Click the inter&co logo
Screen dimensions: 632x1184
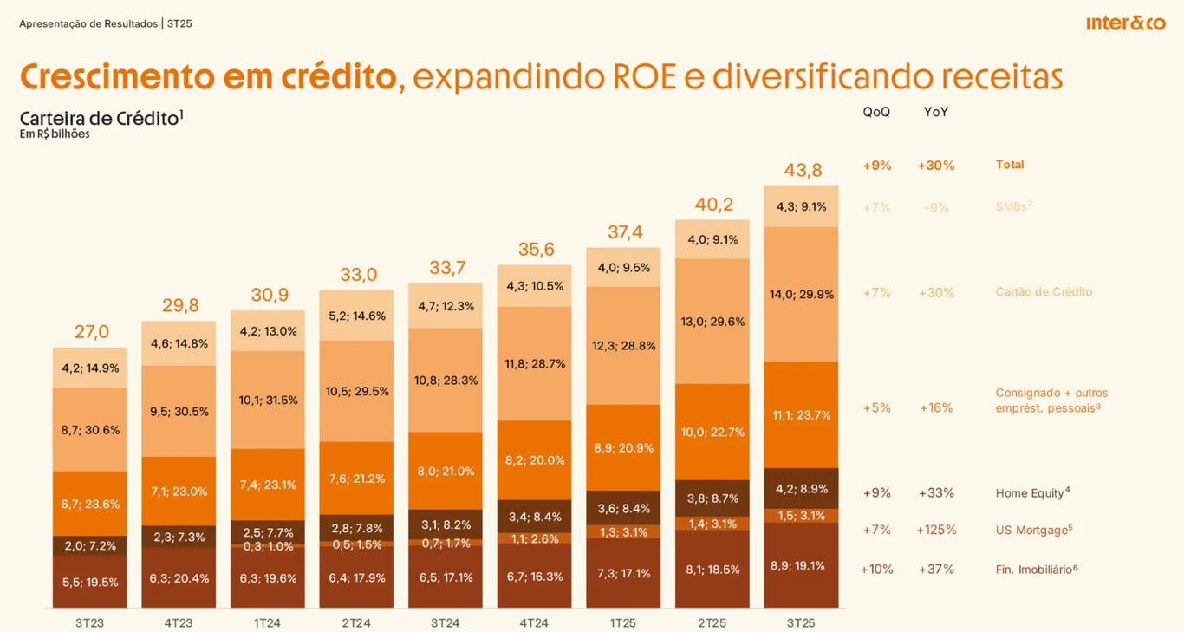pyautogui.click(x=1125, y=23)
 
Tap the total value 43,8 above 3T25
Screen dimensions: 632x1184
pyautogui.click(x=803, y=170)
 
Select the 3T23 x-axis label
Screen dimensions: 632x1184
pyautogui.click(x=89, y=622)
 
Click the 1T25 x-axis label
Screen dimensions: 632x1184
pyautogui.click(x=622, y=622)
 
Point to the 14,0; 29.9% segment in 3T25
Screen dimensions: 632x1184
pyautogui.click(x=802, y=294)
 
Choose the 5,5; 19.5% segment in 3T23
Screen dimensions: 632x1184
pyautogui.click(x=90, y=582)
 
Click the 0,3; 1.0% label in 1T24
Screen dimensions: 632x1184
pyautogui.click(x=268, y=545)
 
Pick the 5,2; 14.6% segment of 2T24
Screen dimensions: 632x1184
pyautogui.click(x=356, y=316)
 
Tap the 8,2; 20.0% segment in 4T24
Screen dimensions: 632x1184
pyautogui.click(x=535, y=460)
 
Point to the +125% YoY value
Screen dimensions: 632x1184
pyautogui.click(x=936, y=530)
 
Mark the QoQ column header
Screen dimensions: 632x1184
pyautogui.click(x=876, y=112)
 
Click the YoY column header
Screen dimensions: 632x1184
pyautogui.click(x=936, y=112)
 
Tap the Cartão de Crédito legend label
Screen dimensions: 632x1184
pyautogui.click(x=1044, y=292)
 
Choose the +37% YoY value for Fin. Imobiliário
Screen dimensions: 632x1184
pyautogui.click(x=936, y=570)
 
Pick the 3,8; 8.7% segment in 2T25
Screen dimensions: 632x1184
pyautogui.click(x=712, y=498)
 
